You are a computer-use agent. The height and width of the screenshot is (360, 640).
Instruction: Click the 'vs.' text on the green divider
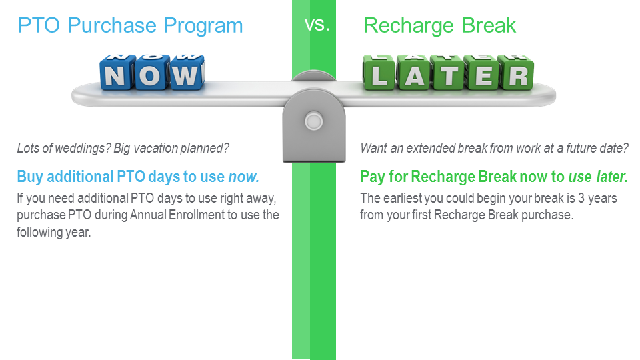(317, 25)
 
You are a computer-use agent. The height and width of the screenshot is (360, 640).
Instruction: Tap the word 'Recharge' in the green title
(408, 27)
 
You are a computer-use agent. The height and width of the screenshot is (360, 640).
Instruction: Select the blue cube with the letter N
(117, 72)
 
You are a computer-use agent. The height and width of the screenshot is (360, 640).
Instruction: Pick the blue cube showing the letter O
(151, 72)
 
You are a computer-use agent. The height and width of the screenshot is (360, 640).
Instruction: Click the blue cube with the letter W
(187, 72)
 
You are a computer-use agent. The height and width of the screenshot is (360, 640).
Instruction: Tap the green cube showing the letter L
(379, 73)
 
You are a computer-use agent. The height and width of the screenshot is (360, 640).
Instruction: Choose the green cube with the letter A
(414, 73)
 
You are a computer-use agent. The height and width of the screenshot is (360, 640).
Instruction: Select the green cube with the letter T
(448, 73)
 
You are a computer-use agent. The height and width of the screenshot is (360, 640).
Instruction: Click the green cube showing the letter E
(483, 73)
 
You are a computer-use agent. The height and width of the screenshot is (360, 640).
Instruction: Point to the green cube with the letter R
(517, 73)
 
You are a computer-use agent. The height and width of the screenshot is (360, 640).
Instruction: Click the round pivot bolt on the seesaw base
(314, 121)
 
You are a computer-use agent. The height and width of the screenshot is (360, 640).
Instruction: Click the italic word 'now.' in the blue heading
(244, 177)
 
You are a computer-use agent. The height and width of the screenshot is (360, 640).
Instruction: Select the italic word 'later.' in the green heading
(612, 177)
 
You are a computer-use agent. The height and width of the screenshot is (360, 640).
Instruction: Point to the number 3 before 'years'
(581, 199)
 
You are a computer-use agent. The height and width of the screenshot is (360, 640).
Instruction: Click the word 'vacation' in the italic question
(155, 148)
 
